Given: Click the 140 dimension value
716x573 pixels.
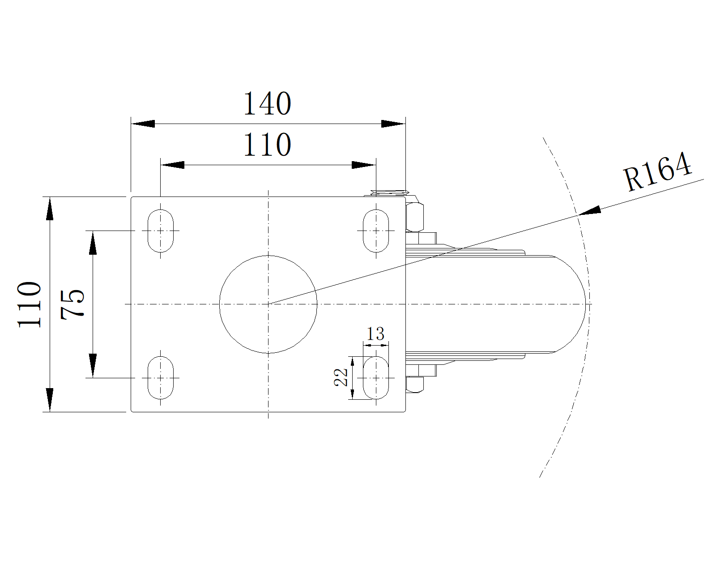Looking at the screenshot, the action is click(x=268, y=103).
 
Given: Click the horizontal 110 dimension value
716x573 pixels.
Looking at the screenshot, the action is click(x=268, y=145).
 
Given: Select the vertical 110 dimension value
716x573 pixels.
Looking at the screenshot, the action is click(x=30, y=304).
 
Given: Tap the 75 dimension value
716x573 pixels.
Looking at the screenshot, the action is click(x=72, y=304).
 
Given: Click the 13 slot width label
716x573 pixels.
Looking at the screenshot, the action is click(x=375, y=334).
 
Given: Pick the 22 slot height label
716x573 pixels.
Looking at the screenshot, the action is click(x=341, y=377).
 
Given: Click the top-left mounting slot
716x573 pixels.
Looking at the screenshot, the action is click(x=160, y=231).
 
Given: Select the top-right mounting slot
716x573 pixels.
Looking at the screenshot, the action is click(x=376, y=231).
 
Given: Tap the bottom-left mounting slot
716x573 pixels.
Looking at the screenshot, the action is click(x=160, y=378).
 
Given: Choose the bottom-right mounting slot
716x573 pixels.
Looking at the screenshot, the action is click(x=376, y=378).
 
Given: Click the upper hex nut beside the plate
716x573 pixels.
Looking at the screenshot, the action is click(x=414, y=217).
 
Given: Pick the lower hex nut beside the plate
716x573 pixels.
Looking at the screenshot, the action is click(x=414, y=385).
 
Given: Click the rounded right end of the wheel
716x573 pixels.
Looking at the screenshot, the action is click(x=585, y=304).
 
